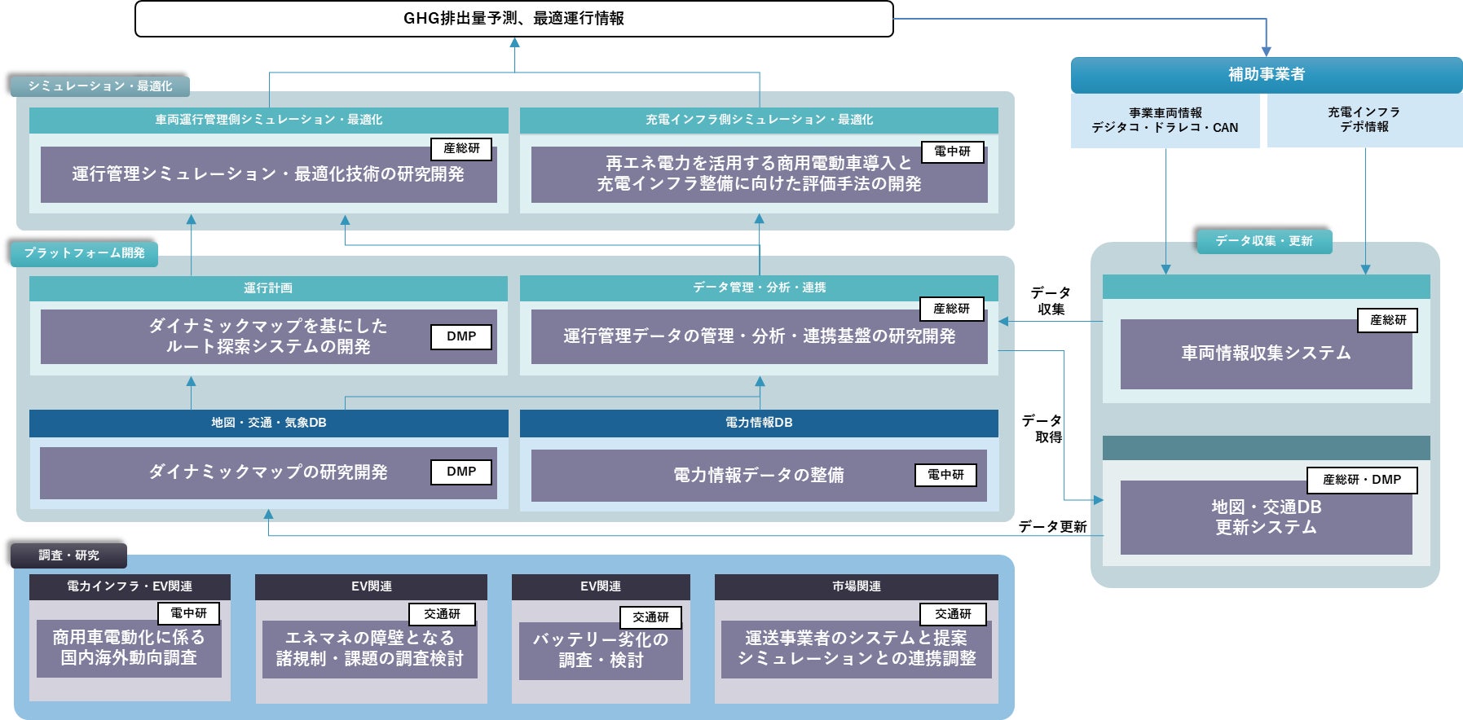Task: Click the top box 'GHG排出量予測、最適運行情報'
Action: pyautogui.click(x=513, y=19)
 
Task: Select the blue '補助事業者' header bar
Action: pyautogui.click(x=1266, y=75)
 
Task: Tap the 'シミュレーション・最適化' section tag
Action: pyautogui.click(x=99, y=86)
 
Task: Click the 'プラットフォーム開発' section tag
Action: pyautogui.click(x=84, y=253)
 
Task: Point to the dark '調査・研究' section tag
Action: pyautogui.click(x=68, y=555)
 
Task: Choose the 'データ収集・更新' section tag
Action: pyautogui.click(x=1263, y=241)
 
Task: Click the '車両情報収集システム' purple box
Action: pyautogui.click(x=1266, y=353)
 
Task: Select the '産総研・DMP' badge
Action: pyautogui.click(x=1361, y=480)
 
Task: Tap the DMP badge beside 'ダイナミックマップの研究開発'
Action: pyautogui.click(x=461, y=472)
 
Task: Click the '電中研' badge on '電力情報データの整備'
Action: pyautogui.click(x=945, y=475)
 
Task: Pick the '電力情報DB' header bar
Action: pyautogui.click(x=759, y=423)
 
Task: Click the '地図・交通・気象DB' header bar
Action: pyautogui.click(x=268, y=423)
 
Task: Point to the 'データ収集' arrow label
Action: pyautogui.click(x=1051, y=301)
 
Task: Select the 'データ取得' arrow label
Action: pyautogui.click(x=1042, y=428)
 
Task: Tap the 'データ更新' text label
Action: pyautogui.click(x=1052, y=527)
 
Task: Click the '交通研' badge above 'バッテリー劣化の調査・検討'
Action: pyautogui.click(x=650, y=617)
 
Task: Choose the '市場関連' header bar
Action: pyautogui.click(x=856, y=586)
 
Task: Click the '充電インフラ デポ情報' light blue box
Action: pyautogui.click(x=1364, y=120)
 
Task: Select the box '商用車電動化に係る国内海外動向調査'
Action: pyautogui.click(x=129, y=648)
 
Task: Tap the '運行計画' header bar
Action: pyautogui.click(x=268, y=288)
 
